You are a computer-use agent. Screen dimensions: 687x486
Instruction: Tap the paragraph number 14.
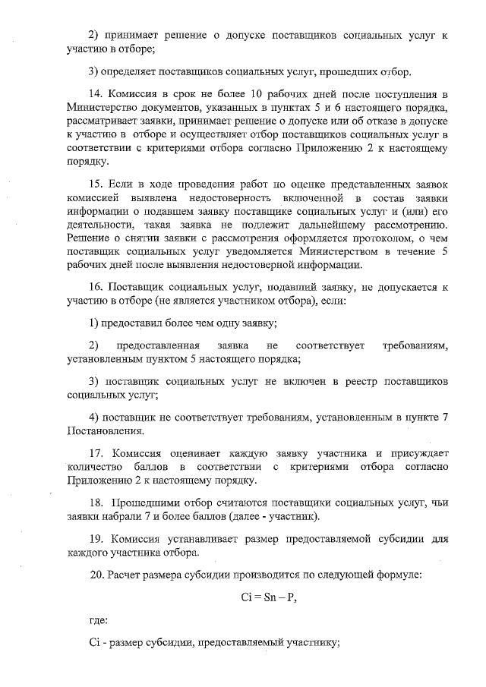coord(96,95)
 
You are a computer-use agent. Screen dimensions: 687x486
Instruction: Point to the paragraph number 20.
coord(96,575)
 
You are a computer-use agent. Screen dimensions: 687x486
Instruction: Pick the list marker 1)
coord(94,324)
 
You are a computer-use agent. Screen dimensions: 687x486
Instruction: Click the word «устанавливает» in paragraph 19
coord(188,539)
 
